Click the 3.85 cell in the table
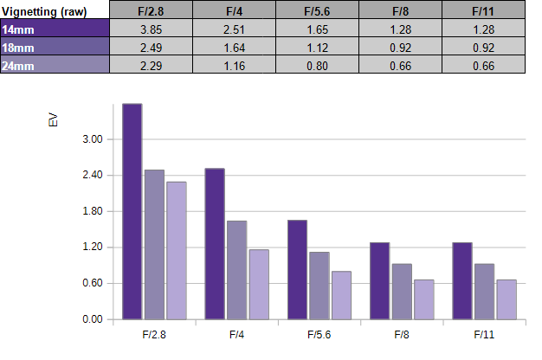(x=151, y=29)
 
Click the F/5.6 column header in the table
(x=317, y=11)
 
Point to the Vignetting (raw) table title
(x=44, y=11)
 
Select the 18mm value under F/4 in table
(x=235, y=48)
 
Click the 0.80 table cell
(x=317, y=66)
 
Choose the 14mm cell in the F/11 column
(x=484, y=29)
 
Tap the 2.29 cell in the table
(x=151, y=66)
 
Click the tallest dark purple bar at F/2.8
(x=132, y=211)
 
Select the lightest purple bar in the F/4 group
(x=259, y=285)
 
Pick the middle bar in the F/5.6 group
(x=319, y=286)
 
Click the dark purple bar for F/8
(x=379, y=281)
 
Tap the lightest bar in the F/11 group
(x=507, y=299)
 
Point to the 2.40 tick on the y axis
(x=93, y=175)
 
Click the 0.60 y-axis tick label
(x=93, y=283)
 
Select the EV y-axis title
(x=53, y=120)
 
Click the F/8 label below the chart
(x=402, y=334)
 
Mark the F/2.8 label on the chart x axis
(x=154, y=334)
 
